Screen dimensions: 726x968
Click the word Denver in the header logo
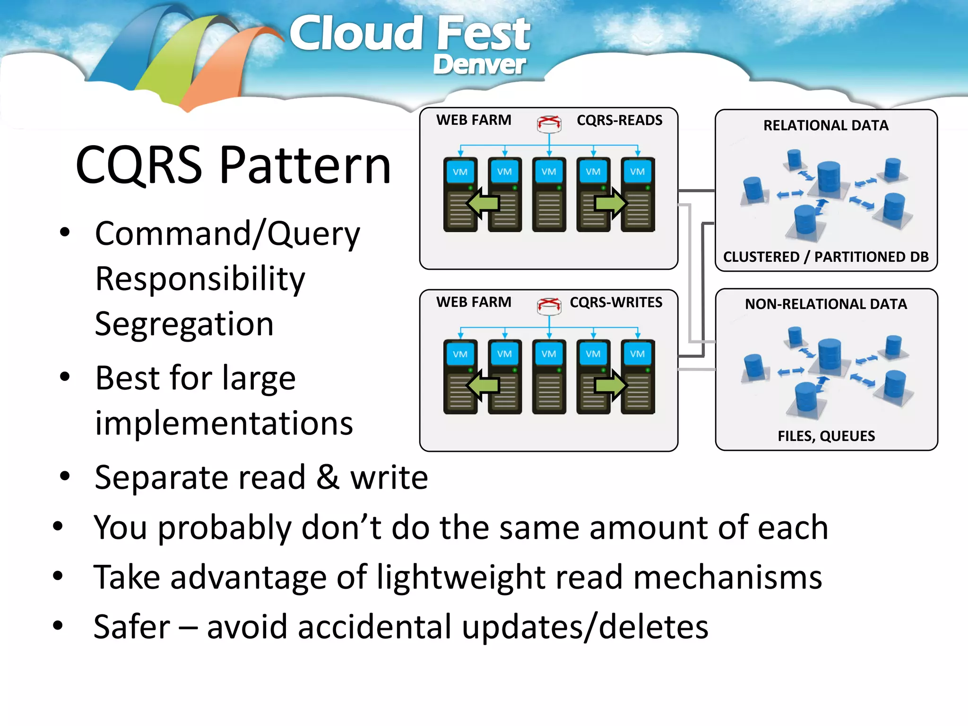point(479,65)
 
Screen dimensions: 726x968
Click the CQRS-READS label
point(619,121)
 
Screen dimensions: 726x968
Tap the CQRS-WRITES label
point(616,302)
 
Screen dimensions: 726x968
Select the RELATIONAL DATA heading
point(826,126)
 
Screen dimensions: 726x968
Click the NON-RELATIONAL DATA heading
point(826,304)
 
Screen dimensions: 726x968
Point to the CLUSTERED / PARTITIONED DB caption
point(826,257)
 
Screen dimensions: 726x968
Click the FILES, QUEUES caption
point(826,436)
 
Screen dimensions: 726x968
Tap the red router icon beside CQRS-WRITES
point(549,306)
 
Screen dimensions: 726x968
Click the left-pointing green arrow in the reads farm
point(483,203)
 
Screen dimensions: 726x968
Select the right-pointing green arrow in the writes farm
point(611,385)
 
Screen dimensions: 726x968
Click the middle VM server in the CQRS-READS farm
point(549,195)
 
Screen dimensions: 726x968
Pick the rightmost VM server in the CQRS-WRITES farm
point(638,377)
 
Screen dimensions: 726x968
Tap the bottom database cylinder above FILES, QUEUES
point(805,398)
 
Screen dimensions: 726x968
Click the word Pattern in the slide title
point(305,165)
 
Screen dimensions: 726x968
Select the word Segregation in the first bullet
point(184,324)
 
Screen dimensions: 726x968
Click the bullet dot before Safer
point(58,626)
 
